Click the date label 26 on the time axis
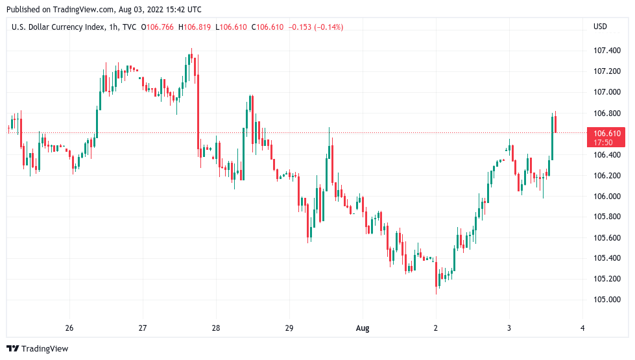tap(69, 328)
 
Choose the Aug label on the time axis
tap(363, 328)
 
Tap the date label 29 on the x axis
tap(289, 328)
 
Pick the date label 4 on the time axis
tap(582, 328)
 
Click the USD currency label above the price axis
tap(600, 27)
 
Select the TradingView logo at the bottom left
tap(38, 349)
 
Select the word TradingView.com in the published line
tap(82, 10)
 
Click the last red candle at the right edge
tap(556, 123)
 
